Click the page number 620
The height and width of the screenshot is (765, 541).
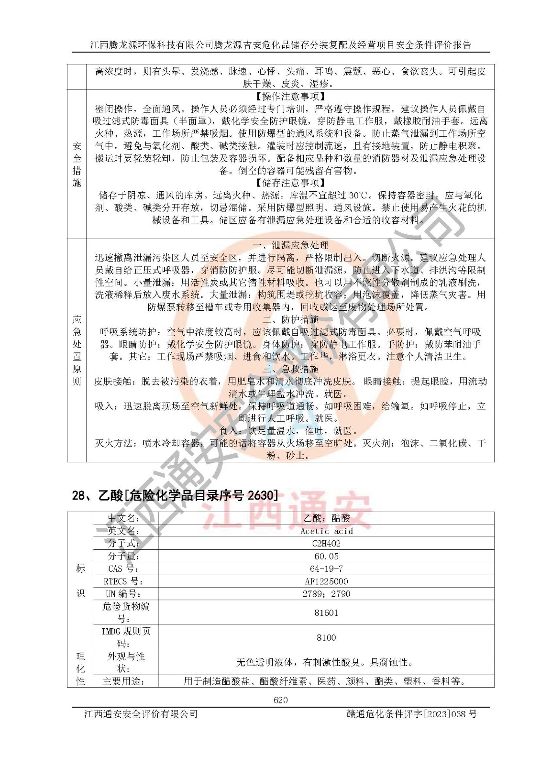[280, 700]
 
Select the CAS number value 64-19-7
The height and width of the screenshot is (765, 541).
[326, 568]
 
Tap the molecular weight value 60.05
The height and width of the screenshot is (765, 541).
[326, 556]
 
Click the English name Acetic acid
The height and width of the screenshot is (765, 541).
[326, 531]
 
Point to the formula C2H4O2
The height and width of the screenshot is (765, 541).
[326, 543]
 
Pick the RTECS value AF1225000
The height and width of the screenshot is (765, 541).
[326, 581]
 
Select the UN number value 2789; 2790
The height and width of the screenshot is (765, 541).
[326, 594]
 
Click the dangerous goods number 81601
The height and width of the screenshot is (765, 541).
[326, 612]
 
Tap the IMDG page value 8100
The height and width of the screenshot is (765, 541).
[326, 637]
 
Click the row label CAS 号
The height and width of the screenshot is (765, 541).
[123, 568]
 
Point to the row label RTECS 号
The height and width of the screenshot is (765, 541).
[123, 581]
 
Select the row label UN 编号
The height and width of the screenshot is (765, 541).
[123, 594]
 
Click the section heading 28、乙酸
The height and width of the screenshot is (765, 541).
[175, 495]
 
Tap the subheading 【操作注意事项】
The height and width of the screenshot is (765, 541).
[290, 97]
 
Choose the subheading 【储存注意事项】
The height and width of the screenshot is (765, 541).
[290, 183]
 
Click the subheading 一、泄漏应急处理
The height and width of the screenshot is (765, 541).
[290, 245]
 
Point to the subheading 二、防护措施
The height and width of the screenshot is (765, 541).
[290, 319]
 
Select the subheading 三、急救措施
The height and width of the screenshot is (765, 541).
[290, 369]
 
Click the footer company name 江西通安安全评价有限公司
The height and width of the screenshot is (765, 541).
[141, 714]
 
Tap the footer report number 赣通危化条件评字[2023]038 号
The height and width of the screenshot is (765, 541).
[411, 714]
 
